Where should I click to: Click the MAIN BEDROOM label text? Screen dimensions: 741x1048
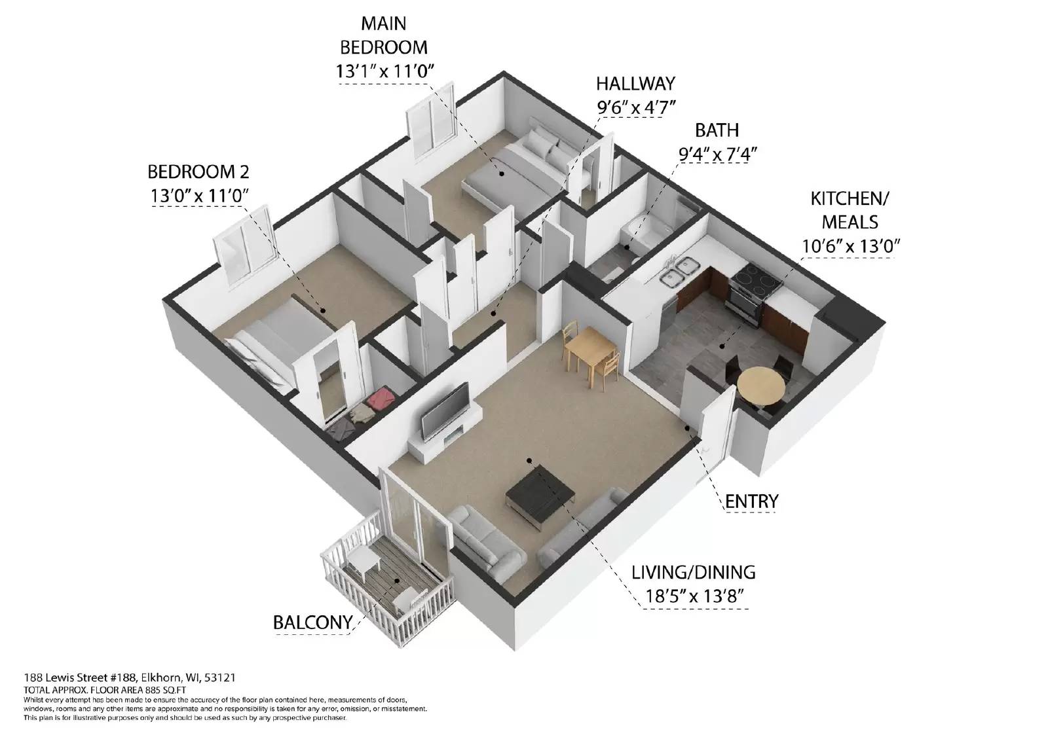click(384, 35)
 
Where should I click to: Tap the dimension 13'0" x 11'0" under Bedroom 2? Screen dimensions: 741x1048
click(200, 196)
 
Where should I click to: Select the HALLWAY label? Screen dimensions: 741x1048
click(635, 84)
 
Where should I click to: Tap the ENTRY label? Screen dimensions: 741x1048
click(751, 501)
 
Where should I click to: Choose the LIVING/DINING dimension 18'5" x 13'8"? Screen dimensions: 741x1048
click(694, 596)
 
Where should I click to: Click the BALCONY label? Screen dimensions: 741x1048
click(312, 622)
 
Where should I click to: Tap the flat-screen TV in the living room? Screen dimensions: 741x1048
click(445, 411)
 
